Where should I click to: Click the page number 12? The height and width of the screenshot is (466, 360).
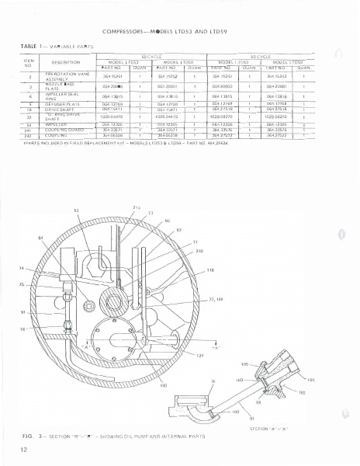tap(26, 450)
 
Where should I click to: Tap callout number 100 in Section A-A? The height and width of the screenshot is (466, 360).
tap(255, 410)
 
